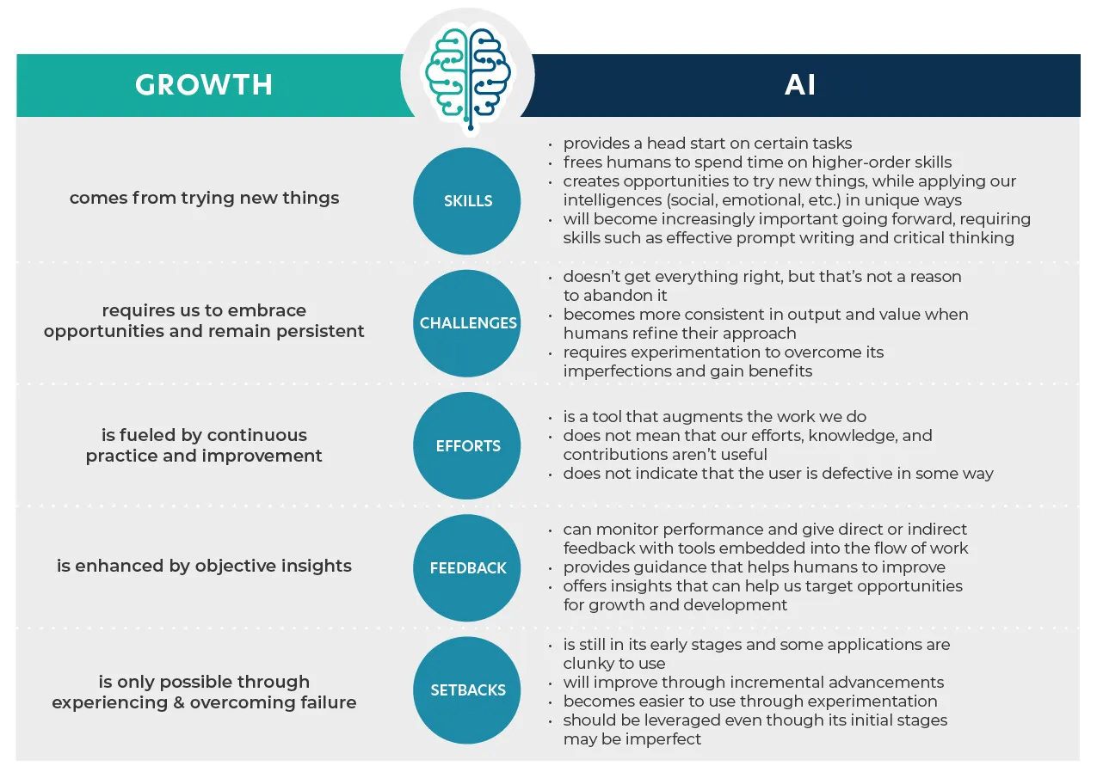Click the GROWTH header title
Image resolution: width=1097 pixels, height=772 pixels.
coord(204,84)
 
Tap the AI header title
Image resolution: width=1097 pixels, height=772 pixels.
coord(799,84)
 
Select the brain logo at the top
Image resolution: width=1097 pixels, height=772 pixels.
coord(468,76)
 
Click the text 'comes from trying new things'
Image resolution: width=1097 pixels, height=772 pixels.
coord(204,198)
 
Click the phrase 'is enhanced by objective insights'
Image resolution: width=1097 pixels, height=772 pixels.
coord(204,566)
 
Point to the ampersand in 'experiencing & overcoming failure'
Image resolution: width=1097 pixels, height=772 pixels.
coord(179,702)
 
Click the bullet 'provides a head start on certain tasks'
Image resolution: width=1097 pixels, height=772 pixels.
coord(707,144)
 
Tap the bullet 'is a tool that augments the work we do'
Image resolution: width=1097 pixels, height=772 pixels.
coord(714,416)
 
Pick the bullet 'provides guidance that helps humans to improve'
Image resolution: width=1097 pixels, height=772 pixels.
coord(755,567)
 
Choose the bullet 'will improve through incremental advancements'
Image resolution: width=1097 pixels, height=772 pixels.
coord(754,682)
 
